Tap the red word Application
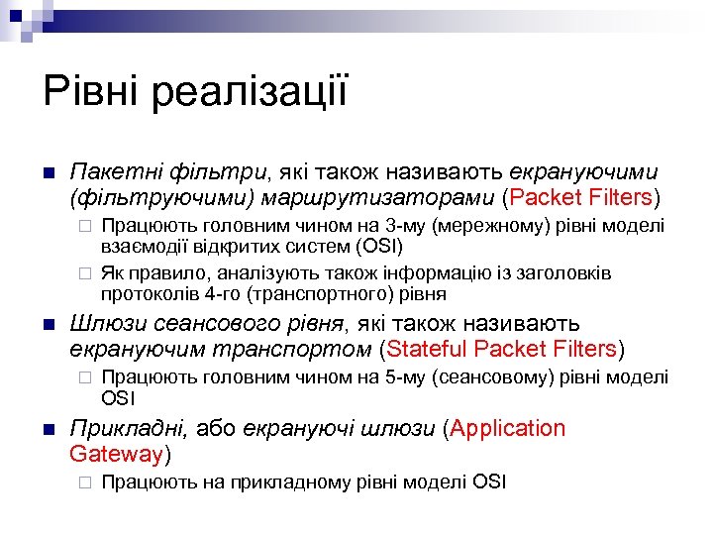point(509,429)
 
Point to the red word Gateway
point(116,455)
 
